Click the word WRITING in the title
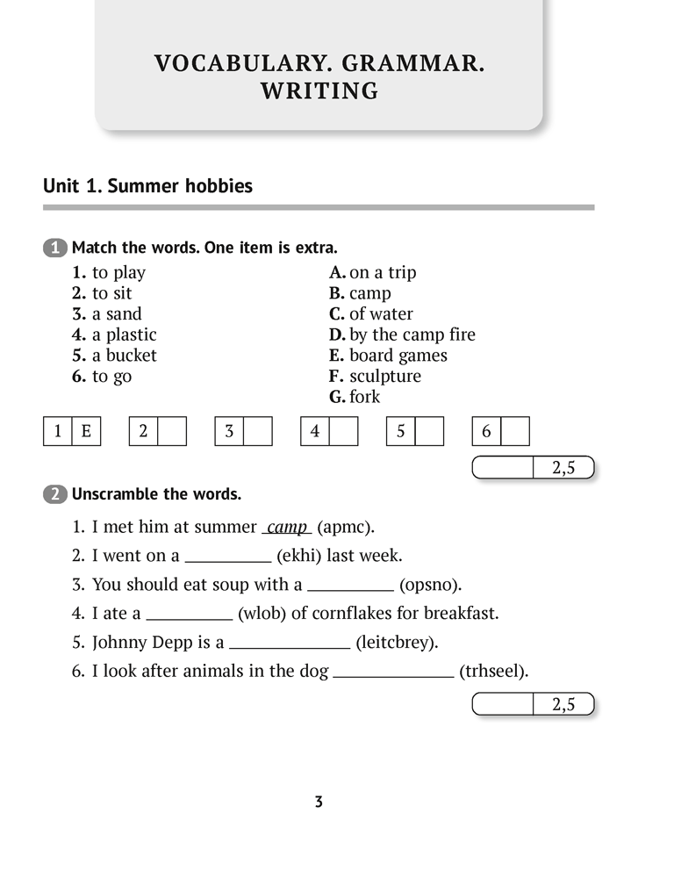tap(319, 90)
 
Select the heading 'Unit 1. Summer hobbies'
tap(147, 186)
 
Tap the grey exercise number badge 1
tap(54, 248)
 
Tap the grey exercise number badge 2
tap(54, 494)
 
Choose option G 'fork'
tap(355, 397)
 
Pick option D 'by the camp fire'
tap(402, 335)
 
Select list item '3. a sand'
tap(107, 314)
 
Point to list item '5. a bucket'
tap(114, 356)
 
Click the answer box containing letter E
tap(86, 431)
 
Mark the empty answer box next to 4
tap(344, 431)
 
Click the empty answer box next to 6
tap(516, 431)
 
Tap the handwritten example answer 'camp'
tap(287, 528)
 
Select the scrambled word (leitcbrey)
tap(396, 643)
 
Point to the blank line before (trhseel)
tap(393, 674)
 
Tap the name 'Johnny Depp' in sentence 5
tap(137, 643)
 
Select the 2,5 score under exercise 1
tap(563, 468)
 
